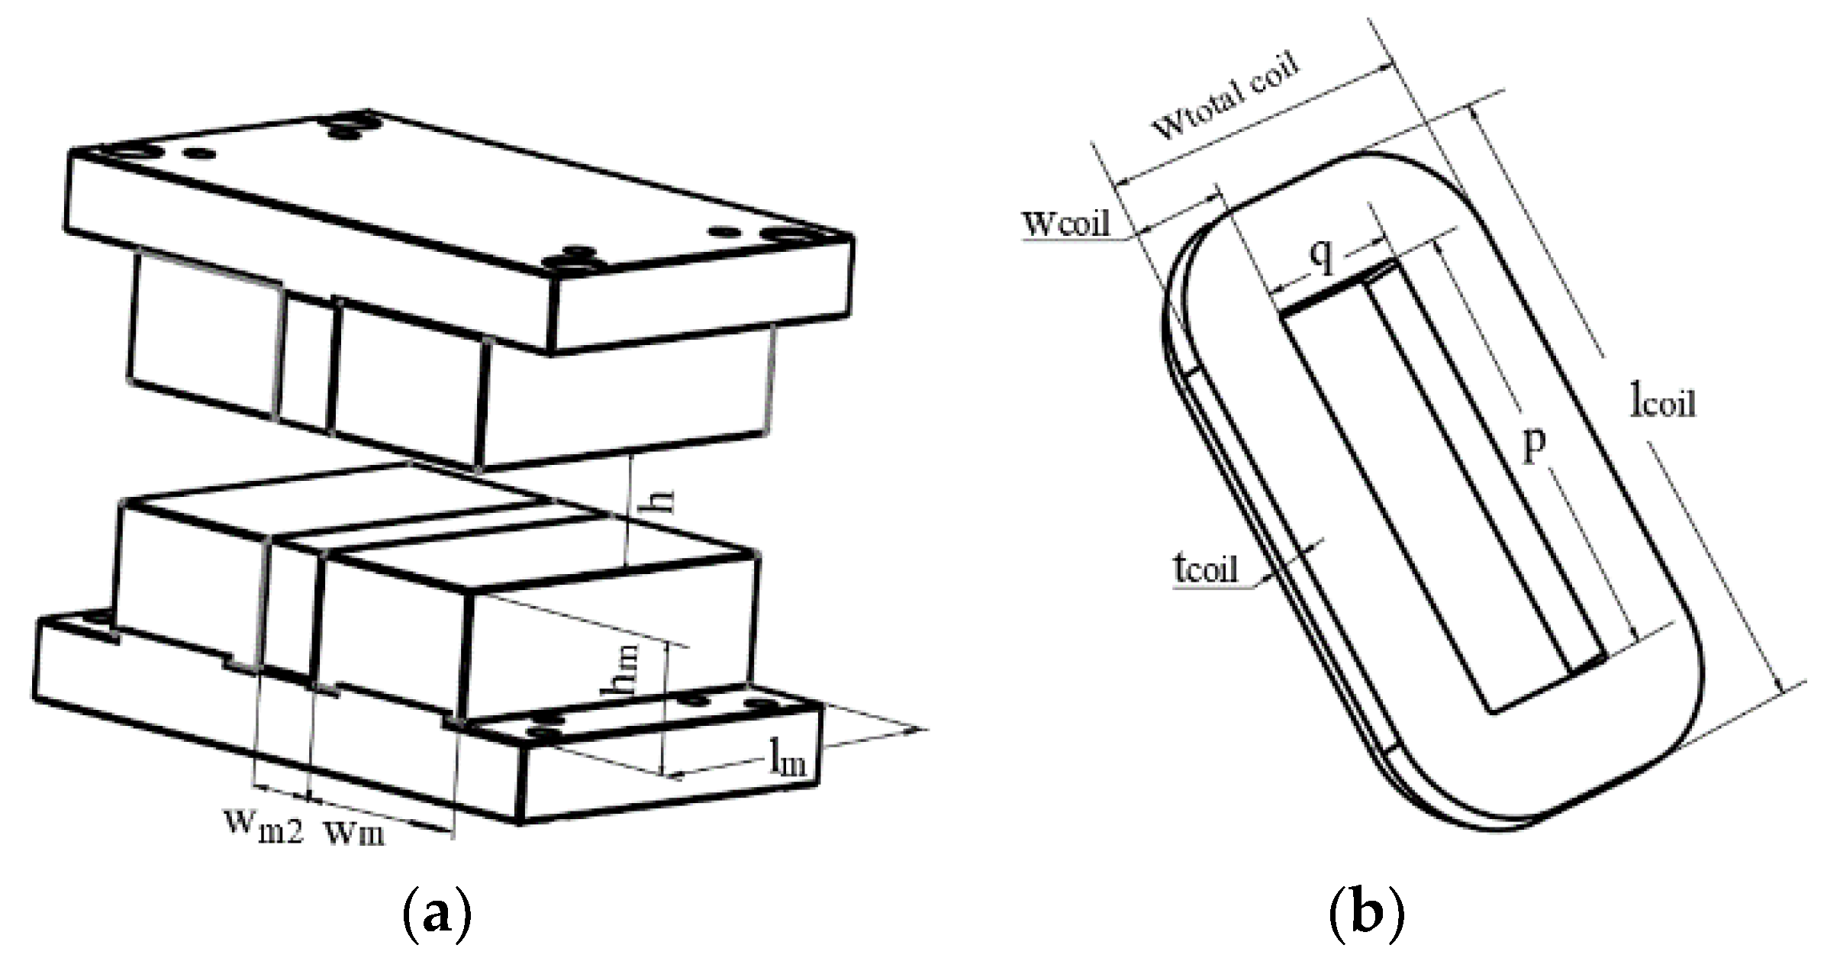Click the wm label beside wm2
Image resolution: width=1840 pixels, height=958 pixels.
(x=355, y=831)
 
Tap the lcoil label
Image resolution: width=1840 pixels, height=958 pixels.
(x=1662, y=400)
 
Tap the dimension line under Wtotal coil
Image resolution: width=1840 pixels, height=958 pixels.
(x=1252, y=126)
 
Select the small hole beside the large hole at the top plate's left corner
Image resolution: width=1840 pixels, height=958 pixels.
(x=201, y=154)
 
